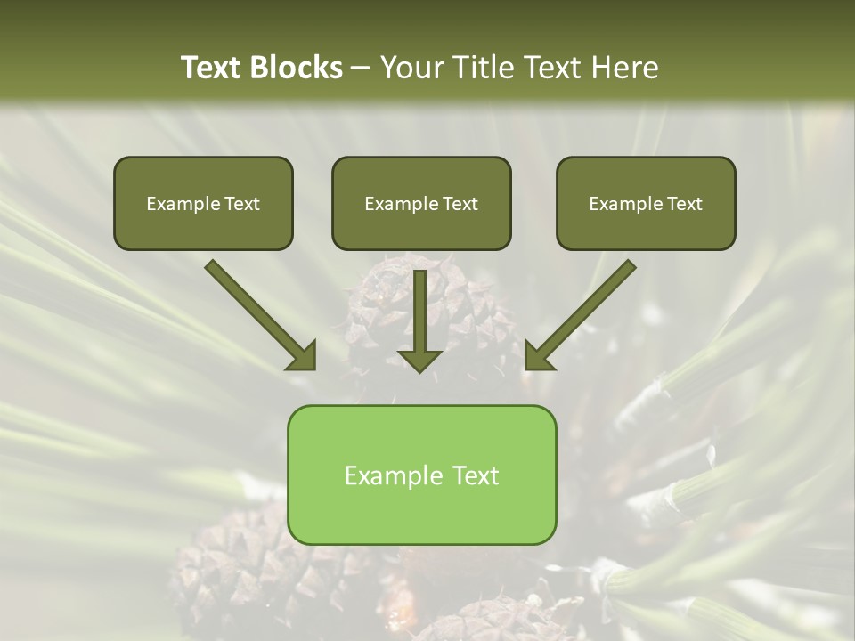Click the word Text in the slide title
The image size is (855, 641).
click(x=214, y=68)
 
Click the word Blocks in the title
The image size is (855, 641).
click(x=296, y=68)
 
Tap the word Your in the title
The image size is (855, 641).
click(x=411, y=68)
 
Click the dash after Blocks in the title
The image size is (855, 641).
click(x=362, y=69)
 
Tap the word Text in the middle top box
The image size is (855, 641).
click(x=460, y=204)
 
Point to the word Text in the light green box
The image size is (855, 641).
click(x=475, y=475)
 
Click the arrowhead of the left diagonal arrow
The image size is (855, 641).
click(x=303, y=356)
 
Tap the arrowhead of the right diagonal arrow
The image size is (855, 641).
click(x=538, y=356)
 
